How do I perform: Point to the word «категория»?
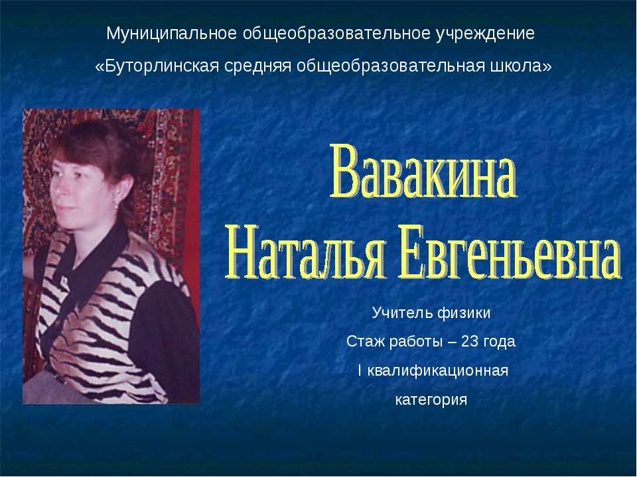coord(431,400)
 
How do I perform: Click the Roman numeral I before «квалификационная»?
coord(359,371)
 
